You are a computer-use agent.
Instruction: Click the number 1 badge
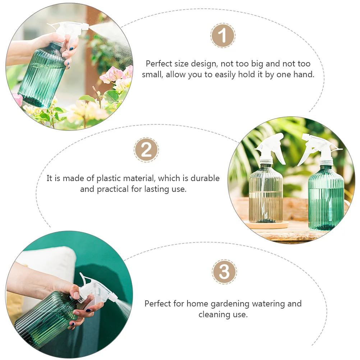[x=223, y=36]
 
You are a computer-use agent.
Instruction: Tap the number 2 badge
[x=146, y=150]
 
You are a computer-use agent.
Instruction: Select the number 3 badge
[x=224, y=272]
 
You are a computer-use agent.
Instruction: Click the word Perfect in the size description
[x=159, y=64]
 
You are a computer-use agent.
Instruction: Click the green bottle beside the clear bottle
[x=326, y=198]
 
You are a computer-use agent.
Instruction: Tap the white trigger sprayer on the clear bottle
[x=270, y=147]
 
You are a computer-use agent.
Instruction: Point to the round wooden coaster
[x=268, y=225]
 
